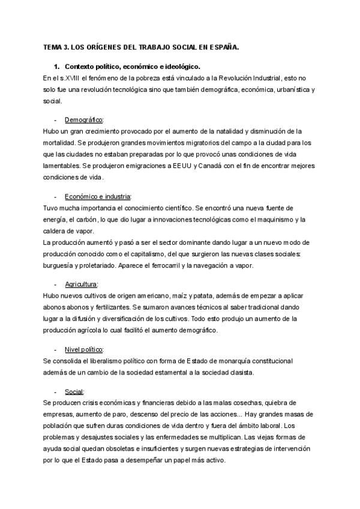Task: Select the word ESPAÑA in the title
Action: coord(224,46)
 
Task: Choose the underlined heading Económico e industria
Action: coord(98,197)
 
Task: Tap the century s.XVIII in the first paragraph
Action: coord(71,77)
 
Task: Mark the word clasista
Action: coord(238,372)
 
